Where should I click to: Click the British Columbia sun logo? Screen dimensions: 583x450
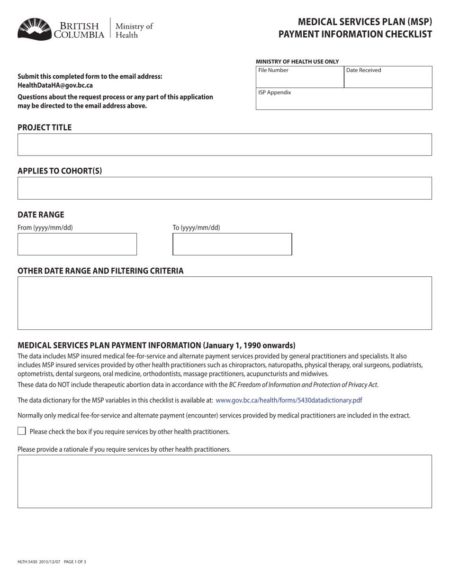[x=35, y=29]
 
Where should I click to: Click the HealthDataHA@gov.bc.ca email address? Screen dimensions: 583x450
[x=55, y=85]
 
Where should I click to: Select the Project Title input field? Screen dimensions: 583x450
[x=225, y=145]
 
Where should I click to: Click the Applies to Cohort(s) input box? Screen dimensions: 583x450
[x=225, y=188]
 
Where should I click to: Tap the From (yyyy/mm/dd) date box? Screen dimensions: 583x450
[x=77, y=244]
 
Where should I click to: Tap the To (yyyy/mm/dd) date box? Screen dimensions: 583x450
[x=232, y=244]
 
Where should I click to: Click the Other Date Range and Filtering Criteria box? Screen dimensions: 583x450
[x=225, y=303]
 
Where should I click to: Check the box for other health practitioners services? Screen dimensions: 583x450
[x=22, y=431]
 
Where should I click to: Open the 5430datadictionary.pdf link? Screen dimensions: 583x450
[x=288, y=400]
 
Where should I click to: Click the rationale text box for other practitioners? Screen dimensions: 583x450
[x=225, y=481]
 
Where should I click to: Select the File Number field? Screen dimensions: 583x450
[x=300, y=77]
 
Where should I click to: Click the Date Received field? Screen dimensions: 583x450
[x=388, y=77]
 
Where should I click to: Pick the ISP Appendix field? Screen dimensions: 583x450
[x=344, y=99]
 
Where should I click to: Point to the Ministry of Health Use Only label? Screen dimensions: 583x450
[x=297, y=62]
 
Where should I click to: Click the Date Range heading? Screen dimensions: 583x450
[x=41, y=214]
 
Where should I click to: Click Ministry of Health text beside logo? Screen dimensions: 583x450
[x=134, y=30]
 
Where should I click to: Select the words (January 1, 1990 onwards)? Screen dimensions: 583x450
[x=249, y=345]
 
